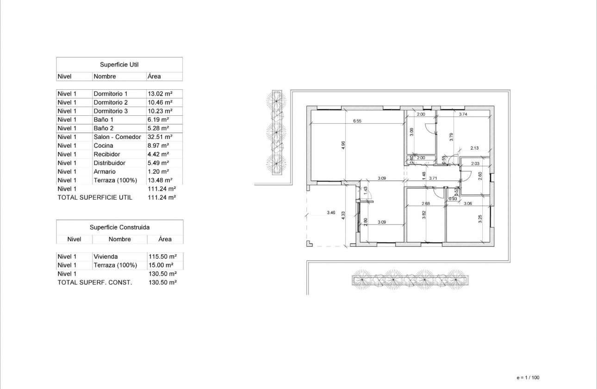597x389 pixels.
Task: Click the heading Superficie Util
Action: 119,64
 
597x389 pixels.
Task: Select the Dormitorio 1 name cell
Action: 110,94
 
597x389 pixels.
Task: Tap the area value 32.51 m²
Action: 160,137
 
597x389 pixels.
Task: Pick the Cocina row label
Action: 103,145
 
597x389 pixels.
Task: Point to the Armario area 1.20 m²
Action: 158,171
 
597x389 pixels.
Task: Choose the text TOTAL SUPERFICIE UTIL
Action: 94,197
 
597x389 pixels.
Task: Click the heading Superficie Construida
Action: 119,227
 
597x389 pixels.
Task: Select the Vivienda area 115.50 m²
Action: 162,257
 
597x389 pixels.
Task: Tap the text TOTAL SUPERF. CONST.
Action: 94,282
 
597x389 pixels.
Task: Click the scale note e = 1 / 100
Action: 528,377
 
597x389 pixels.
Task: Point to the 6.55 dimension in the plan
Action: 357,121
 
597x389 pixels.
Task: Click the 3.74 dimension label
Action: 463,114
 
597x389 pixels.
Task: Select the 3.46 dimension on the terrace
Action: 330,213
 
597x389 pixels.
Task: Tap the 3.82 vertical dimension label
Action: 423,214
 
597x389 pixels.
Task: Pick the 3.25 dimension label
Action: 479,219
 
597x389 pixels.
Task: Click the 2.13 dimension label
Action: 474,148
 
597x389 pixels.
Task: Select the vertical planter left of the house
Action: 276,133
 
